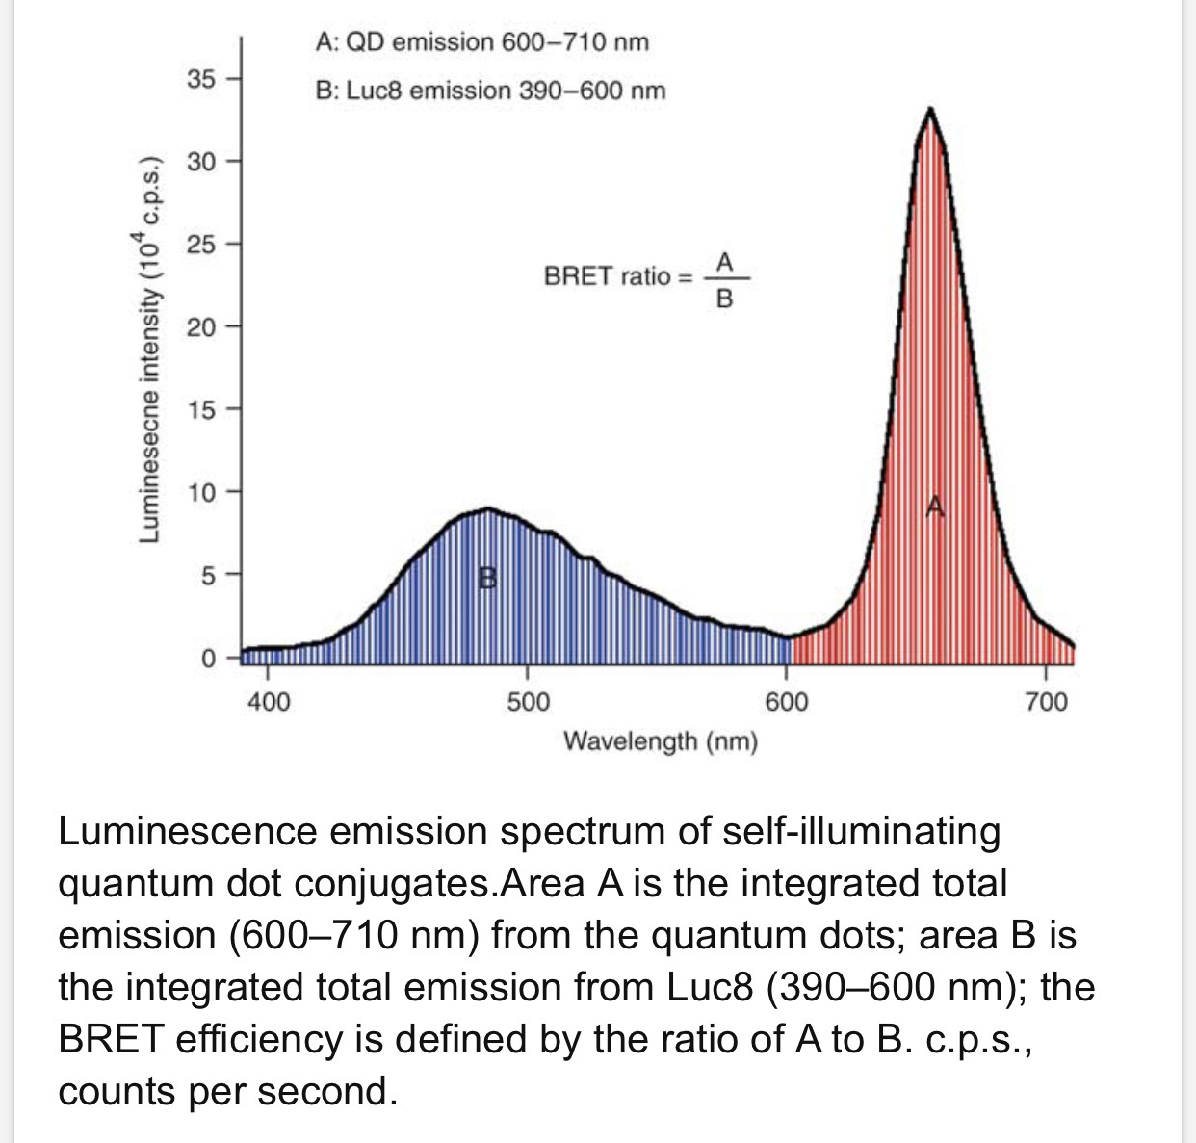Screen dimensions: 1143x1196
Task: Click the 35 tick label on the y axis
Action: click(201, 78)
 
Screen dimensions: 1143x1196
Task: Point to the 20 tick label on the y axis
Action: click(201, 327)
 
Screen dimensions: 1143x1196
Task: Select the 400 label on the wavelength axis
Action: click(268, 702)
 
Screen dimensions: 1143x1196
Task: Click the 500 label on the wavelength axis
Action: click(528, 702)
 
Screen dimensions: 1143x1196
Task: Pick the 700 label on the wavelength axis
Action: click(1046, 702)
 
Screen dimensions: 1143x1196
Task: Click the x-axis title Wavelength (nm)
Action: click(661, 741)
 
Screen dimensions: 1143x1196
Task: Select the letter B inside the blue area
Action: click(489, 578)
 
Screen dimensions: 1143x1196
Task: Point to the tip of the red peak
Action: click(930, 109)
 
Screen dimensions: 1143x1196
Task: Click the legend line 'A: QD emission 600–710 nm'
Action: click(482, 42)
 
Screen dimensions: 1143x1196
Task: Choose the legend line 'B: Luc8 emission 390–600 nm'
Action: click(490, 91)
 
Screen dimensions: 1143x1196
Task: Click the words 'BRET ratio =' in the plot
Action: click(617, 276)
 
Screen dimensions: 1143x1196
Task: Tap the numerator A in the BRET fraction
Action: click(725, 261)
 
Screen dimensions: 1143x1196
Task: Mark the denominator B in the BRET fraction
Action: click(725, 299)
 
